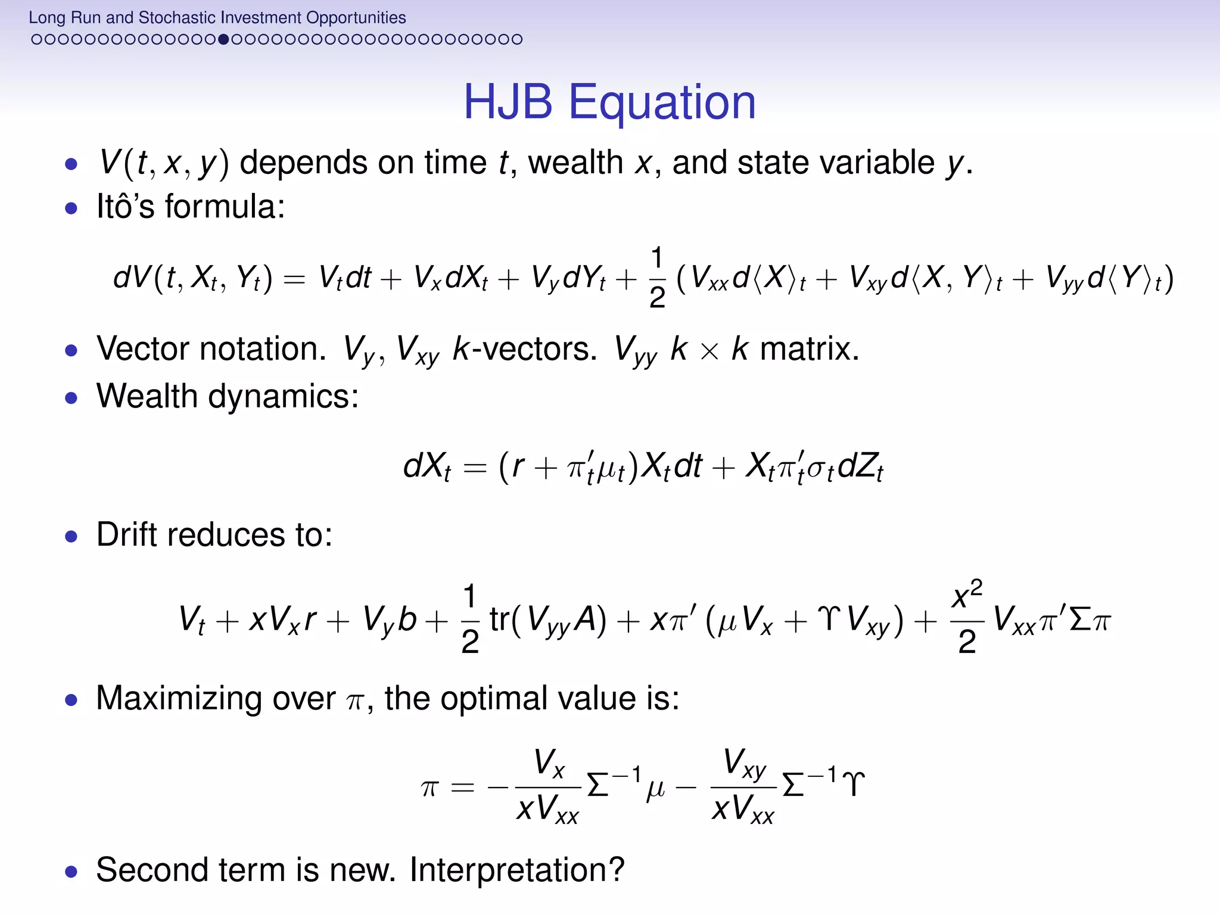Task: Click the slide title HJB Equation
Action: tap(609, 102)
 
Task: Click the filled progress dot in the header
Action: tap(223, 40)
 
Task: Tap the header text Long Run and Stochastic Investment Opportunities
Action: tap(217, 17)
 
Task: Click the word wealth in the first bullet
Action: tap(575, 163)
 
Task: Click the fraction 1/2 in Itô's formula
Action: tap(656, 278)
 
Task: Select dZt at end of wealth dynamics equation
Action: tap(860, 466)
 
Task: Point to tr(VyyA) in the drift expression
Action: tap(548, 620)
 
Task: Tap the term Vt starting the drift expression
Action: tap(192, 620)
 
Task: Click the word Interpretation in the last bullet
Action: tap(516, 870)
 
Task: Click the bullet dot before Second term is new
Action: tap(71, 872)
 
